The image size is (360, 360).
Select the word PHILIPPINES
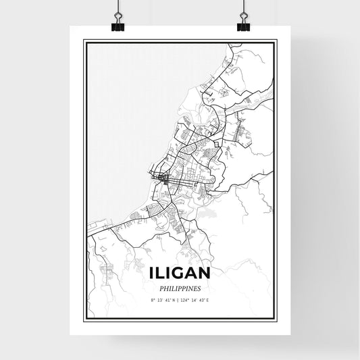pos(180,288)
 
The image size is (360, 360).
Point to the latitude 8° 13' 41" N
pos(162,301)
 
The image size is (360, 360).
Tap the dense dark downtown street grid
pos(165,179)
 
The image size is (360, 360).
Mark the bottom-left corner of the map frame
pos(84,319)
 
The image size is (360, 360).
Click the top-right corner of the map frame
pos(276,41)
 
